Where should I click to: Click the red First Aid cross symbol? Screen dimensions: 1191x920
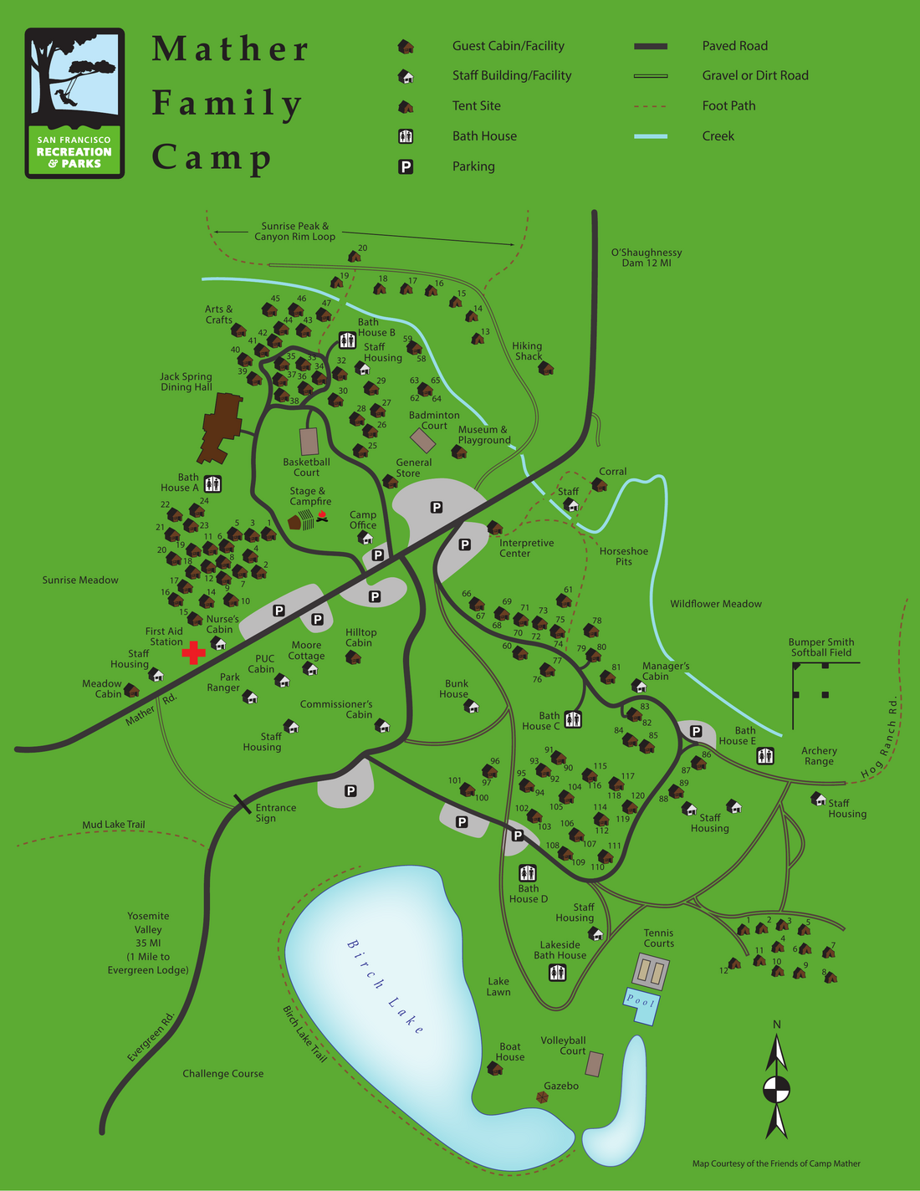coord(194,652)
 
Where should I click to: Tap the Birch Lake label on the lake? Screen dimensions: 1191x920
coord(386,987)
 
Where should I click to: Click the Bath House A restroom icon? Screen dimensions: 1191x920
coord(212,483)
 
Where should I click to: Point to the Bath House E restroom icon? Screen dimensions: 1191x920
coord(765,756)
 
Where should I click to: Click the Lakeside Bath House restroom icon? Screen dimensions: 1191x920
coord(558,972)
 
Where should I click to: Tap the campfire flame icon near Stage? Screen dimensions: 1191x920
coord(322,516)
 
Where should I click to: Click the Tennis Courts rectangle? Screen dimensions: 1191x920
coord(652,972)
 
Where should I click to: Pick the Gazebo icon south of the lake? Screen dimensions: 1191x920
coord(543,1097)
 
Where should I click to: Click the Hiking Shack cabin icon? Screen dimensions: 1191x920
coord(546,368)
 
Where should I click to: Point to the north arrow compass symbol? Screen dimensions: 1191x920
coord(777,1089)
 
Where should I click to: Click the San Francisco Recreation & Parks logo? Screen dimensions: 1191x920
coord(74,103)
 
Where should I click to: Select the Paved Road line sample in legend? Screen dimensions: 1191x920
coord(650,46)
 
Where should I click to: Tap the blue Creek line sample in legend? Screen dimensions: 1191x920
coord(650,136)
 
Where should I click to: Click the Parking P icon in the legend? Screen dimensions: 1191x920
coord(406,166)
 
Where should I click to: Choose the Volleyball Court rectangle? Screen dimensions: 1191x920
coord(594,1064)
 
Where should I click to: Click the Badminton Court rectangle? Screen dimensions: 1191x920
coord(423,441)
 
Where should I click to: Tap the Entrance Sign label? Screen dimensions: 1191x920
coord(275,813)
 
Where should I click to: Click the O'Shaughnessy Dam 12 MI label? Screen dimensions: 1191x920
coord(646,258)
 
